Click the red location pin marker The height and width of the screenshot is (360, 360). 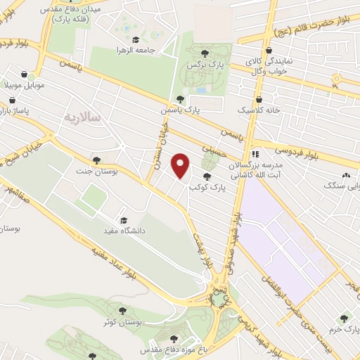click(x=182, y=167)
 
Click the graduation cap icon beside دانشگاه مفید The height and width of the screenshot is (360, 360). click(x=124, y=219)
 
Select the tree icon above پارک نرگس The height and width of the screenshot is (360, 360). click(x=205, y=52)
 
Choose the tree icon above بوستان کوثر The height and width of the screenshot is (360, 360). click(x=122, y=309)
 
